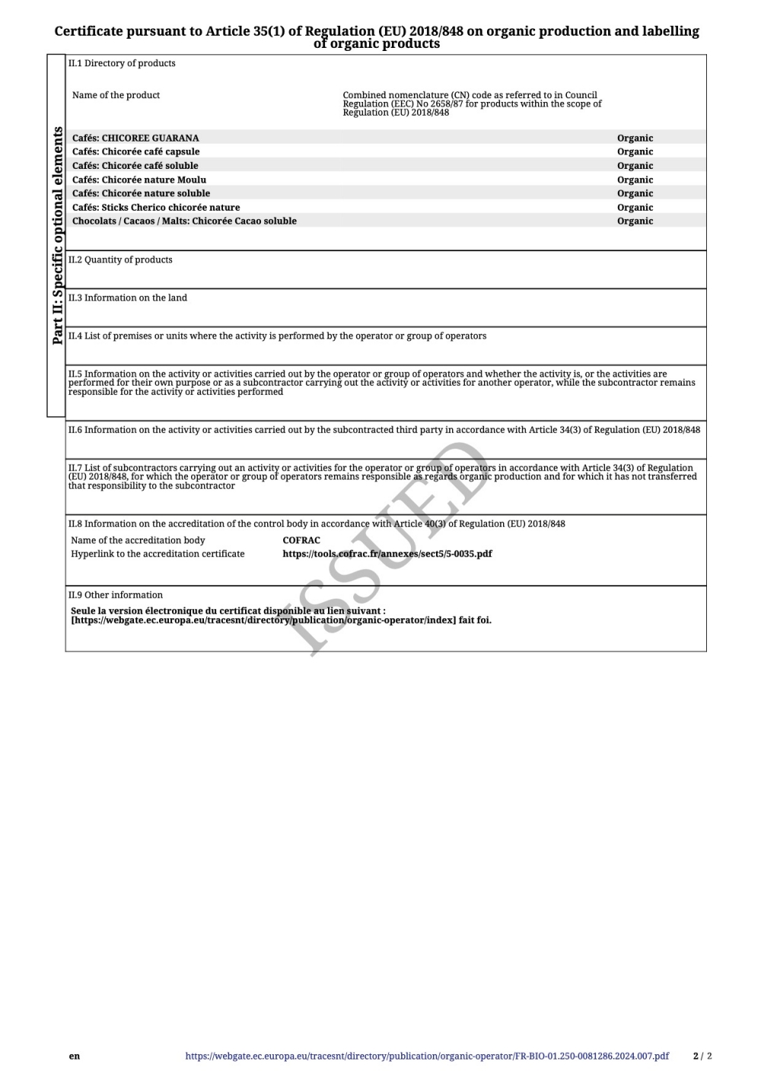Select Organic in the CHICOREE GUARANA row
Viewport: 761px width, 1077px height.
point(635,138)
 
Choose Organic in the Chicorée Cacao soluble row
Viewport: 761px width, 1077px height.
point(635,221)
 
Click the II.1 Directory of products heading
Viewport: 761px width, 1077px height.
point(122,63)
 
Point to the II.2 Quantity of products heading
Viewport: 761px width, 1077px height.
point(120,259)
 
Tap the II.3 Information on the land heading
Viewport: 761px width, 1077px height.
point(127,297)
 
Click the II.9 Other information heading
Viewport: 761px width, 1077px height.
point(115,595)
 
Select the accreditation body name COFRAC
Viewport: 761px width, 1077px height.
point(301,540)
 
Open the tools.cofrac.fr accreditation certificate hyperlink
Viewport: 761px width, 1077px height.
point(387,554)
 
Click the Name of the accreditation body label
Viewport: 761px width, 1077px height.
point(138,540)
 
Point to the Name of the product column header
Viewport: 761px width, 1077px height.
point(116,95)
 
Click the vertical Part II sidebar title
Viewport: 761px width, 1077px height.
point(57,236)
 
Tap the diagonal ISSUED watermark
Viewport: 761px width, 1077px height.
point(388,548)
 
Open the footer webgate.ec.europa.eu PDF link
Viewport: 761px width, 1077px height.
point(427,1056)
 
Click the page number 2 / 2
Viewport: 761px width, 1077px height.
point(702,1056)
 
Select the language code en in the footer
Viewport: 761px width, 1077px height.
point(74,1056)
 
